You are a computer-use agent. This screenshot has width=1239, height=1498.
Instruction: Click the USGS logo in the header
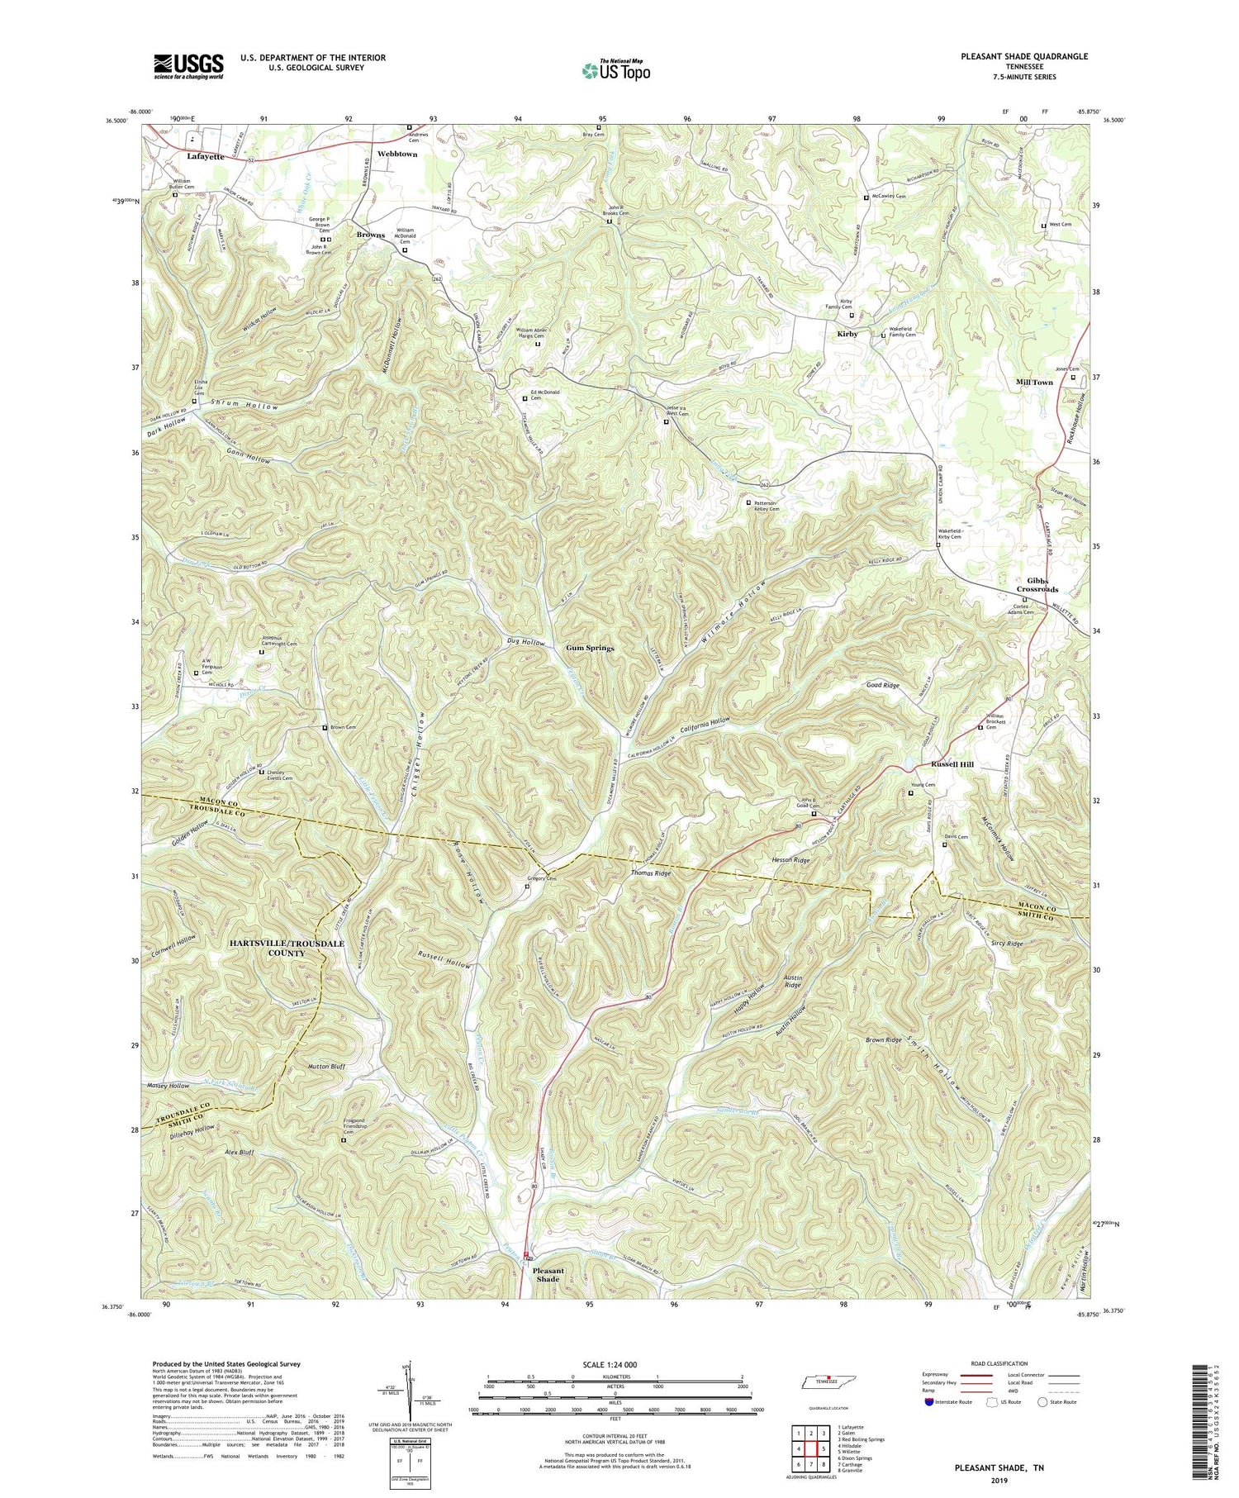(x=188, y=66)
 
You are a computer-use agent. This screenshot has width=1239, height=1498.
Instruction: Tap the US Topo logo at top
(x=615, y=70)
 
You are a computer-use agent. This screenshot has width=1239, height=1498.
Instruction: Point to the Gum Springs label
(x=590, y=648)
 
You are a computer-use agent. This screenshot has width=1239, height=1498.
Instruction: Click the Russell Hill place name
(x=952, y=764)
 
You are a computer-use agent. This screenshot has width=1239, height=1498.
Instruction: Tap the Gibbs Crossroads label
(x=1032, y=584)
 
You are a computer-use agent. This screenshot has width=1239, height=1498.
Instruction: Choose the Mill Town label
(x=1034, y=383)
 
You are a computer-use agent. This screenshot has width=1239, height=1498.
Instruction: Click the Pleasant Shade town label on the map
(x=548, y=1275)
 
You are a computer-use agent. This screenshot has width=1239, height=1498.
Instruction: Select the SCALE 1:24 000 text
(x=615, y=1364)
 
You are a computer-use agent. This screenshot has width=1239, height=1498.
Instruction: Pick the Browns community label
(x=371, y=235)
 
